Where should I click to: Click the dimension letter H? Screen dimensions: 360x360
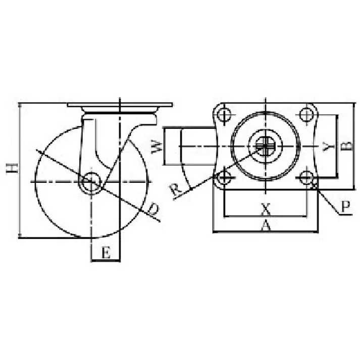(x=12, y=168)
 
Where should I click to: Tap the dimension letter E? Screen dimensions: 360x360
(x=106, y=252)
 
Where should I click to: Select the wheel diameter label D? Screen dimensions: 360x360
(x=152, y=209)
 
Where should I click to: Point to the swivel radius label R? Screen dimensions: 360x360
(x=175, y=190)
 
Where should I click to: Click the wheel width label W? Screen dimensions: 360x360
(x=157, y=147)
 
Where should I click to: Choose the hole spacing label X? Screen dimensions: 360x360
(x=266, y=209)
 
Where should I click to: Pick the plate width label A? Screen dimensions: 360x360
(x=266, y=225)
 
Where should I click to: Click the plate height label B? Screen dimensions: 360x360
(x=347, y=145)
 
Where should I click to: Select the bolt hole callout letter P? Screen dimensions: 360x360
(x=345, y=207)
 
